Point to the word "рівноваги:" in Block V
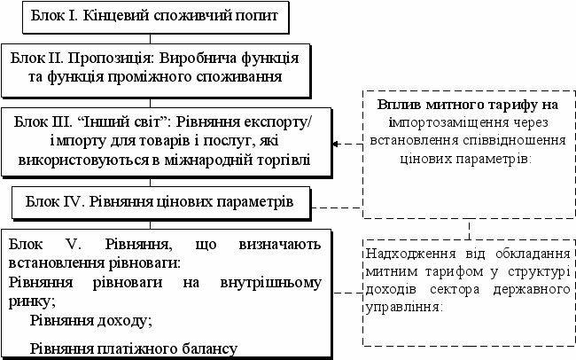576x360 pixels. tap(142, 262)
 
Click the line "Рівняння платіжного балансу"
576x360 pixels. tap(134, 348)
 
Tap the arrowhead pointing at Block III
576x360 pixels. tap(336, 143)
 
